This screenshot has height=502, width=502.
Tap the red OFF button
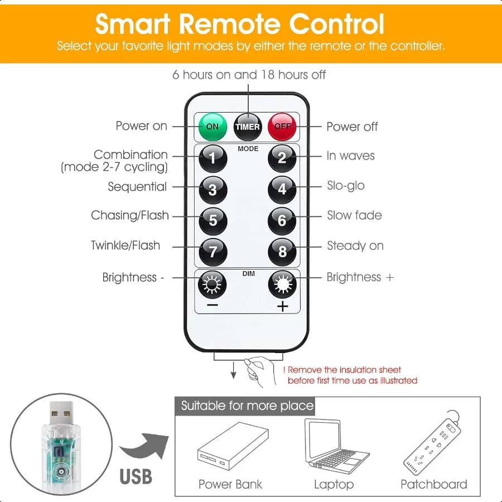(282, 127)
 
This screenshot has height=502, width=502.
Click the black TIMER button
(248, 127)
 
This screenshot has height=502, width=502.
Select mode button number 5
(213, 221)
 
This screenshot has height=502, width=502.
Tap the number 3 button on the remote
(213, 190)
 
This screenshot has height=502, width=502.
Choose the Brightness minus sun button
(213, 284)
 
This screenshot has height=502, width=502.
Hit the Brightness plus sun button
(282, 284)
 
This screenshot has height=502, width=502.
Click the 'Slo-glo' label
(346, 186)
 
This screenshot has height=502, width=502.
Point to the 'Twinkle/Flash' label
(126, 245)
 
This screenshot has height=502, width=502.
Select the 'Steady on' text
(355, 245)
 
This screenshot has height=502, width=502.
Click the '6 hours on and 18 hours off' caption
(249, 75)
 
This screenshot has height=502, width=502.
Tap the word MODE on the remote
(248, 148)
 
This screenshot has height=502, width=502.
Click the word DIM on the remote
(248, 273)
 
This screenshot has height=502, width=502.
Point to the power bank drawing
(233, 446)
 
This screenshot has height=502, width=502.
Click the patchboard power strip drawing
(432, 443)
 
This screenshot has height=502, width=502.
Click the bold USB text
(136, 476)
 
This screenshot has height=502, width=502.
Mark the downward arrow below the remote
(233, 370)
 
